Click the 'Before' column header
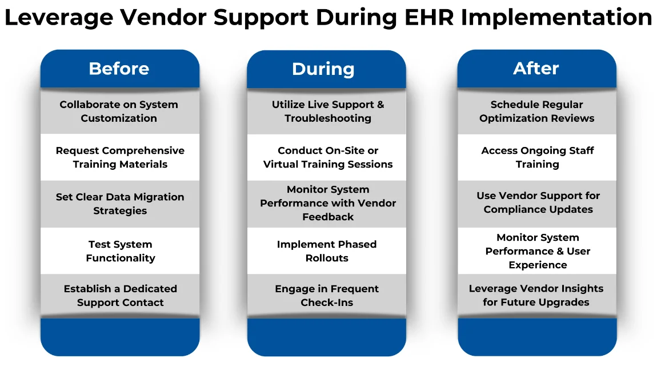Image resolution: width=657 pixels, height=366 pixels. (119, 69)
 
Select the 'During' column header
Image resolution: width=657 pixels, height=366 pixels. (323, 69)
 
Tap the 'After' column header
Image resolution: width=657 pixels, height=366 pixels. (536, 69)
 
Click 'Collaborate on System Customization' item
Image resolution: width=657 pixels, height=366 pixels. (119, 112)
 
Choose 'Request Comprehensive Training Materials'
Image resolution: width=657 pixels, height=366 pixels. (120, 157)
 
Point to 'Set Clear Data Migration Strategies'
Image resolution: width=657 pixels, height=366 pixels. (120, 204)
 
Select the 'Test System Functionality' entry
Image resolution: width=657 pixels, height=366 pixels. (120, 251)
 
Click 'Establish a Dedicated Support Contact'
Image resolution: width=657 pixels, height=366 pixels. (120, 296)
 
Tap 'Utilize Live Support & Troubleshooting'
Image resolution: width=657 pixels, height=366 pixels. (327, 112)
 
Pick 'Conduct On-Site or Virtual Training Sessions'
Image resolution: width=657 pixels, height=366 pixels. (327, 157)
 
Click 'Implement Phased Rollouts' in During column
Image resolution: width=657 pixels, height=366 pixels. (327, 251)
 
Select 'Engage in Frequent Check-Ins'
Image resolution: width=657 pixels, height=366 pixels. (327, 296)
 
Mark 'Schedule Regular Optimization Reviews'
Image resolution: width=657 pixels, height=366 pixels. (536, 112)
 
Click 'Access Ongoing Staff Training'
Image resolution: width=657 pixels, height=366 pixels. (537, 157)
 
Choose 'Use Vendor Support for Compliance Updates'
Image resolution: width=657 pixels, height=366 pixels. (538, 202)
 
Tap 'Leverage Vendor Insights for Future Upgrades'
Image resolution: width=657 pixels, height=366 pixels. (536, 295)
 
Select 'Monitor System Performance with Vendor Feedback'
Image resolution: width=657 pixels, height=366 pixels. (327, 203)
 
